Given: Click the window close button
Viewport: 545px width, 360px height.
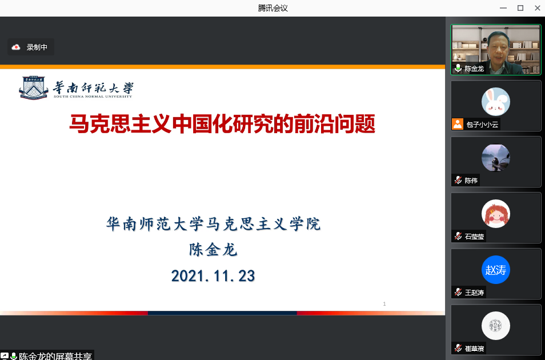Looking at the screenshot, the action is [538, 8].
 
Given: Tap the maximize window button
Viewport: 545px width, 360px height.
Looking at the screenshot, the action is [520, 8].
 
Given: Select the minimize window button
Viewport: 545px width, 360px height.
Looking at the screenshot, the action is [503, 8].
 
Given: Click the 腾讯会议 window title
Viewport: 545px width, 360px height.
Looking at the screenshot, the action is [273, 8].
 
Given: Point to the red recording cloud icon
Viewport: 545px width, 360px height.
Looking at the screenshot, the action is [16, 47].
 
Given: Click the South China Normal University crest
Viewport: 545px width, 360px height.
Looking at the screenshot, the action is [34, 88].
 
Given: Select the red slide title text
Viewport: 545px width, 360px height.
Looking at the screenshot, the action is [222, 124].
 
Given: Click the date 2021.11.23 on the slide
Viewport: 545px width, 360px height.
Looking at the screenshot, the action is [213, 276].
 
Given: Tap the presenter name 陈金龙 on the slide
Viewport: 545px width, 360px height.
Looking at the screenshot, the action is [213, 250].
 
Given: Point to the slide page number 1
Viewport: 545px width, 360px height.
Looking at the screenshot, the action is [384, 303].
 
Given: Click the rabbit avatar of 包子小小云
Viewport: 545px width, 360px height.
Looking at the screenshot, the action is [496, 102].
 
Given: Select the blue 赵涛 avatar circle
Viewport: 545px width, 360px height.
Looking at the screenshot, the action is [496, 270].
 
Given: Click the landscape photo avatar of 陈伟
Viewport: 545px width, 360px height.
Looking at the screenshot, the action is [496, 158].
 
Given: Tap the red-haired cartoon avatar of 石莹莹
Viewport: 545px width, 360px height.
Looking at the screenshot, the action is [496, 214].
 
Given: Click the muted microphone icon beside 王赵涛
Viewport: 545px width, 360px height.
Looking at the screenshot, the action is [458, 292].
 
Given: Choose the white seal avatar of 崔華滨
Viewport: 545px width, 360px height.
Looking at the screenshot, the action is [496, 326].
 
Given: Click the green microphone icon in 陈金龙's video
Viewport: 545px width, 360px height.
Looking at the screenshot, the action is [458, 68].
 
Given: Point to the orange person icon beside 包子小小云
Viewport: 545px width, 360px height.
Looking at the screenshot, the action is [458, 124].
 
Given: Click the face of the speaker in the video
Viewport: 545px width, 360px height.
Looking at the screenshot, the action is [498, 47].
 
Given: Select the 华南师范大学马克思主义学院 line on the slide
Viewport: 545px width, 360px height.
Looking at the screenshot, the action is [213, 223].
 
